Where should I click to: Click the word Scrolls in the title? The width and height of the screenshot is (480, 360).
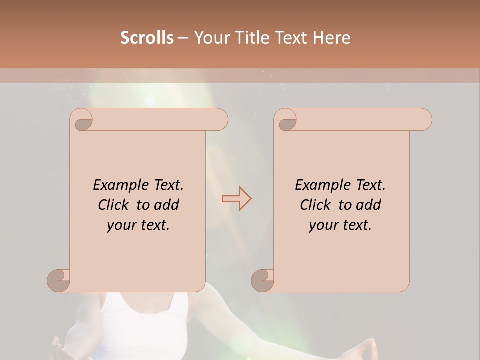pos(147,38)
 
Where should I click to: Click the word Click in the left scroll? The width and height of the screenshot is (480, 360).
pos(112,205)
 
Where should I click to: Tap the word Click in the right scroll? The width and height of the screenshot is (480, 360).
pos(314,205)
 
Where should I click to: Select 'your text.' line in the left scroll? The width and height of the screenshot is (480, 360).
pos(138,225)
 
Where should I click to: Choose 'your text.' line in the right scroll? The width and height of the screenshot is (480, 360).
pos(340,225)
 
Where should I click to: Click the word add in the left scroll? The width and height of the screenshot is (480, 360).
pos(167,205)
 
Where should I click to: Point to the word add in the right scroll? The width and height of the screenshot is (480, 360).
pos(369,205)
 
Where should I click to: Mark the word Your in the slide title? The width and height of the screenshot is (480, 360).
pos(210,38)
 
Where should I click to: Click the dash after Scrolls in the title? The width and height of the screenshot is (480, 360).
pos(183,38)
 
